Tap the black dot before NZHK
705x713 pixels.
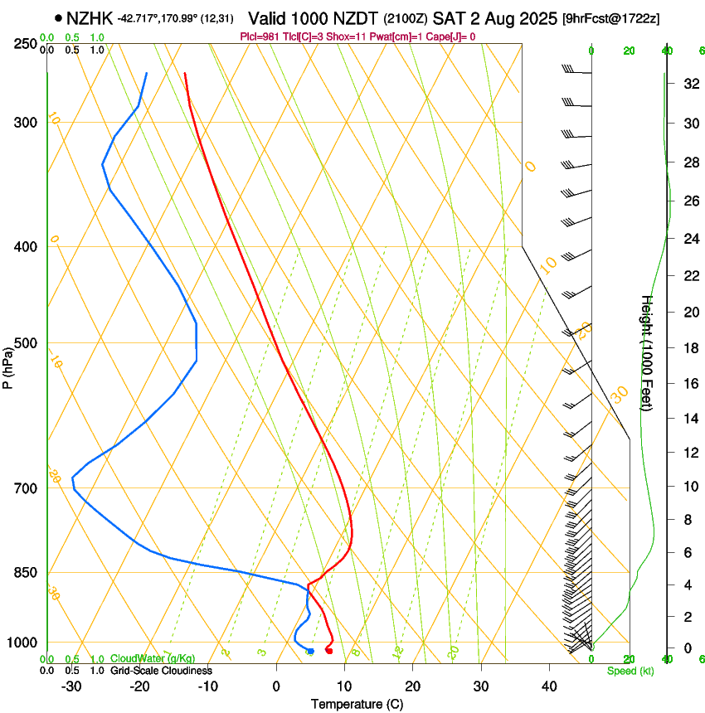coord(58,17)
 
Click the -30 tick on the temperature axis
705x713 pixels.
coord(71,686)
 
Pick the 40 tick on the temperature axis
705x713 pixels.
coord(548,686)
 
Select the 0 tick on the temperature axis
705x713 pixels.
coord(277,686)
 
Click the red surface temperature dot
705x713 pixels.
coord(329,651)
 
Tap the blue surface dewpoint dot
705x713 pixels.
coord(310,652)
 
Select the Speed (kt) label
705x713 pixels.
coord(630,670)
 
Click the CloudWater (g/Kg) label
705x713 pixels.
coord(153,658)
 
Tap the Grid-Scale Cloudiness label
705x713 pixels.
coord(161,670)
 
